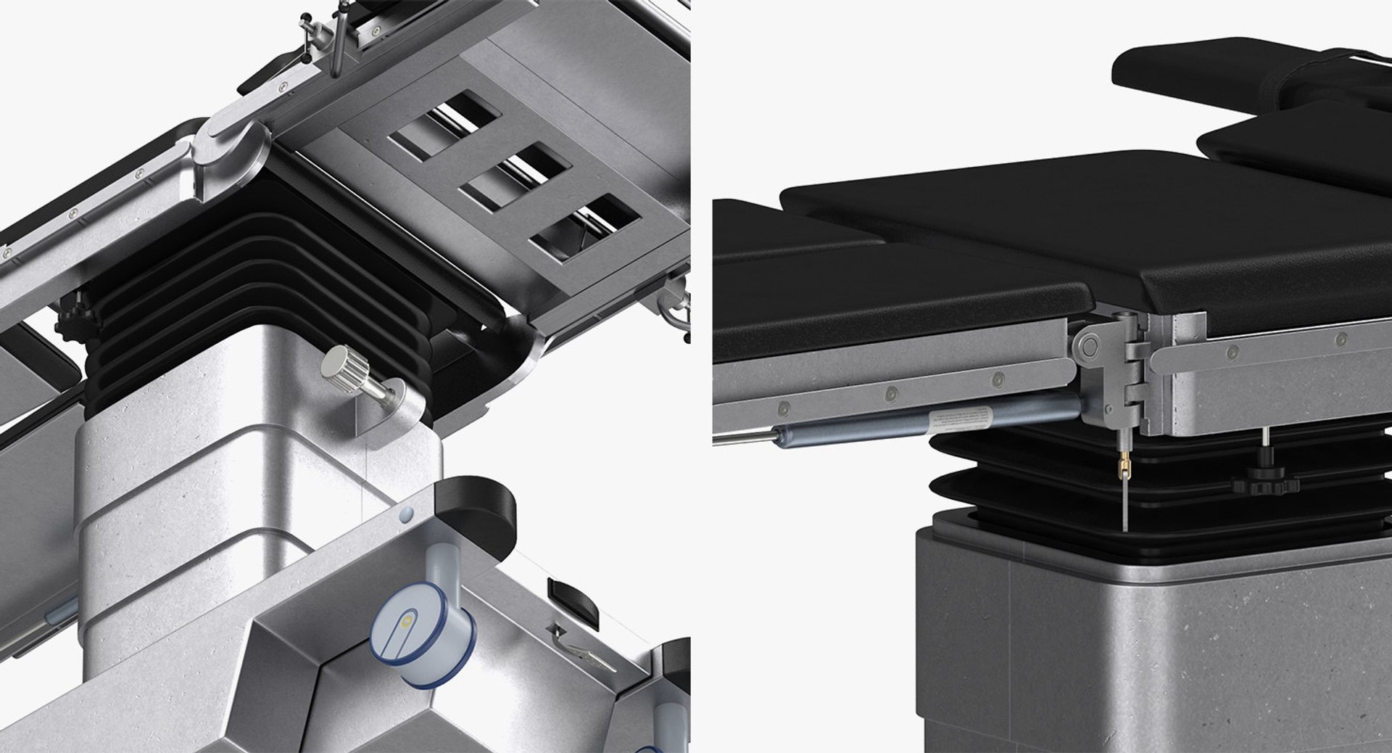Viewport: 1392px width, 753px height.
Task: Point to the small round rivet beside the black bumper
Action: point(404,516)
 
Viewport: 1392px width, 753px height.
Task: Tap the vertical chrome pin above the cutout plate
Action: point(337,47)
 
